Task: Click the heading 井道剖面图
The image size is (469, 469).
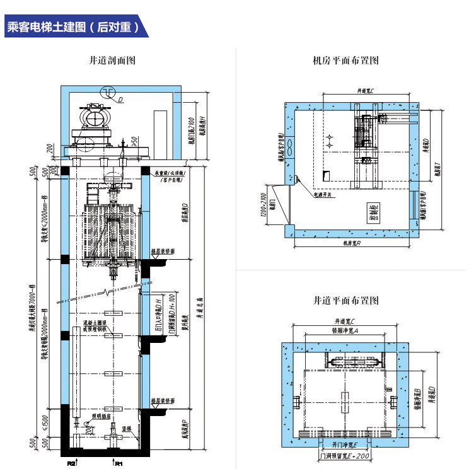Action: click(x=113, y=61)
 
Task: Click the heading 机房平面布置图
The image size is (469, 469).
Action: click(x=345, y=61)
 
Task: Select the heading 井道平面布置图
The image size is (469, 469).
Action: click(x=345, y=300)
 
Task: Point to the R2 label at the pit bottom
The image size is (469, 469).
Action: click(x=72, y=463)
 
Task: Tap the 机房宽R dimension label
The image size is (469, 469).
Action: click(x=351, y=242)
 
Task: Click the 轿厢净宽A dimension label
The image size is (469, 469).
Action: click(x=346, y=330)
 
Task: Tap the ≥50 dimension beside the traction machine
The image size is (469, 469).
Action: click(x=134, y=138)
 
